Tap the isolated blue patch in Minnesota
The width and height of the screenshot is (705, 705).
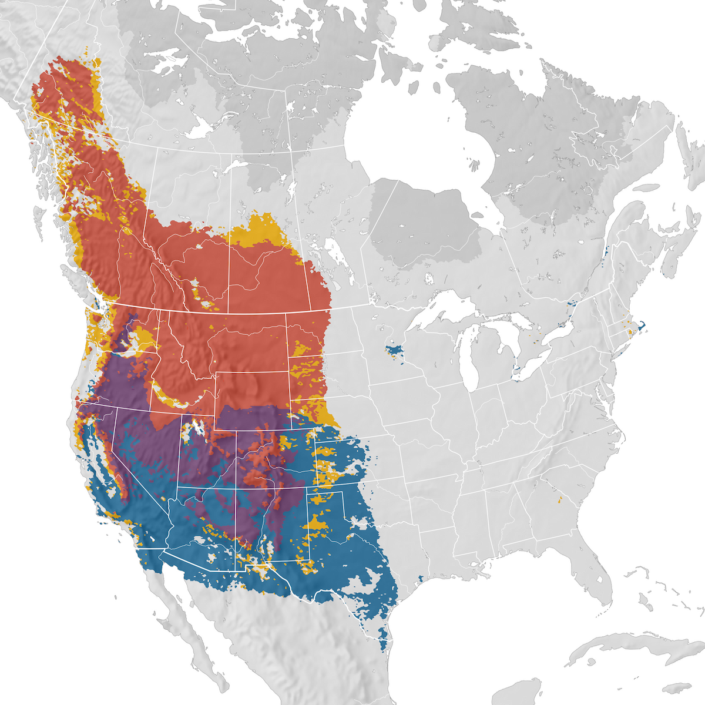394,351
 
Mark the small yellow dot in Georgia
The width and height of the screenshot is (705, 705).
560,501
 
